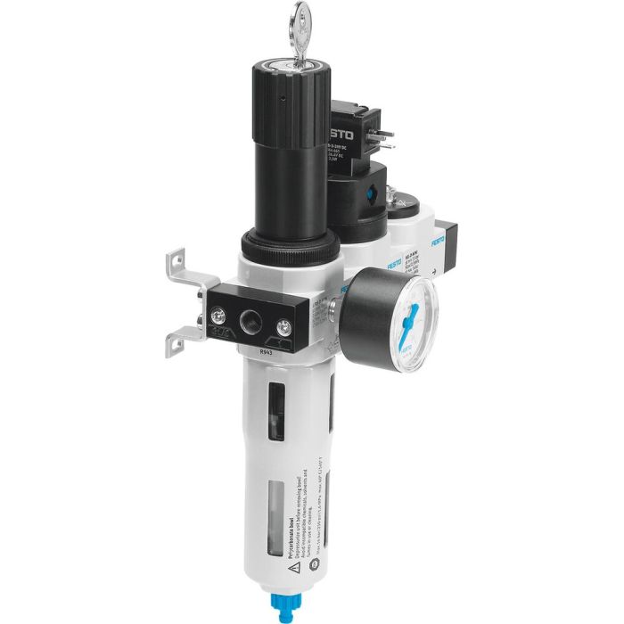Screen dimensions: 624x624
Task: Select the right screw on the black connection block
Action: tap(285, 325)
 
